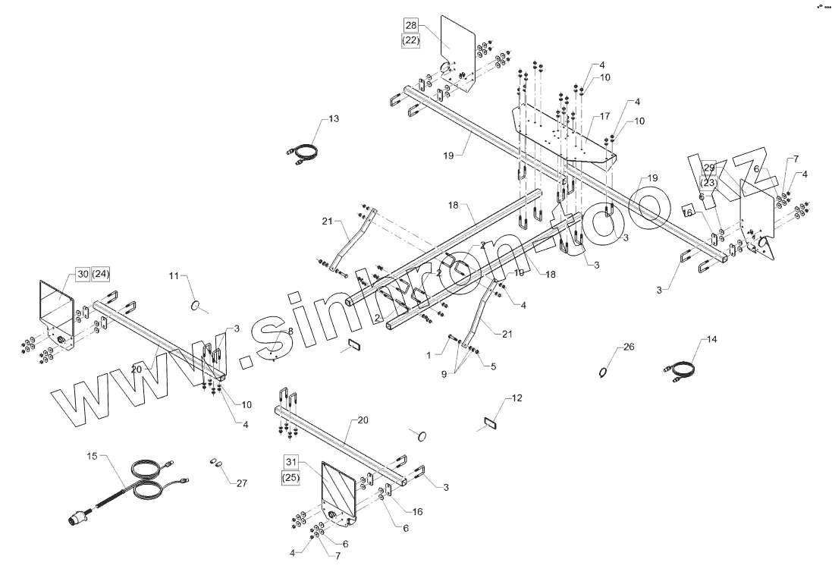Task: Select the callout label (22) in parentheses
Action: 410,40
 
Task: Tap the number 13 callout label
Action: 334,119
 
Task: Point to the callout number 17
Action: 604,117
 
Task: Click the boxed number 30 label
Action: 81,274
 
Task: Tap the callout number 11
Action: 174,276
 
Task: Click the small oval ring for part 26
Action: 603,372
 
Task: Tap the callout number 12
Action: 516,398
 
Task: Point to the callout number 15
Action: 93,456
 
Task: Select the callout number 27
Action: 241,483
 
